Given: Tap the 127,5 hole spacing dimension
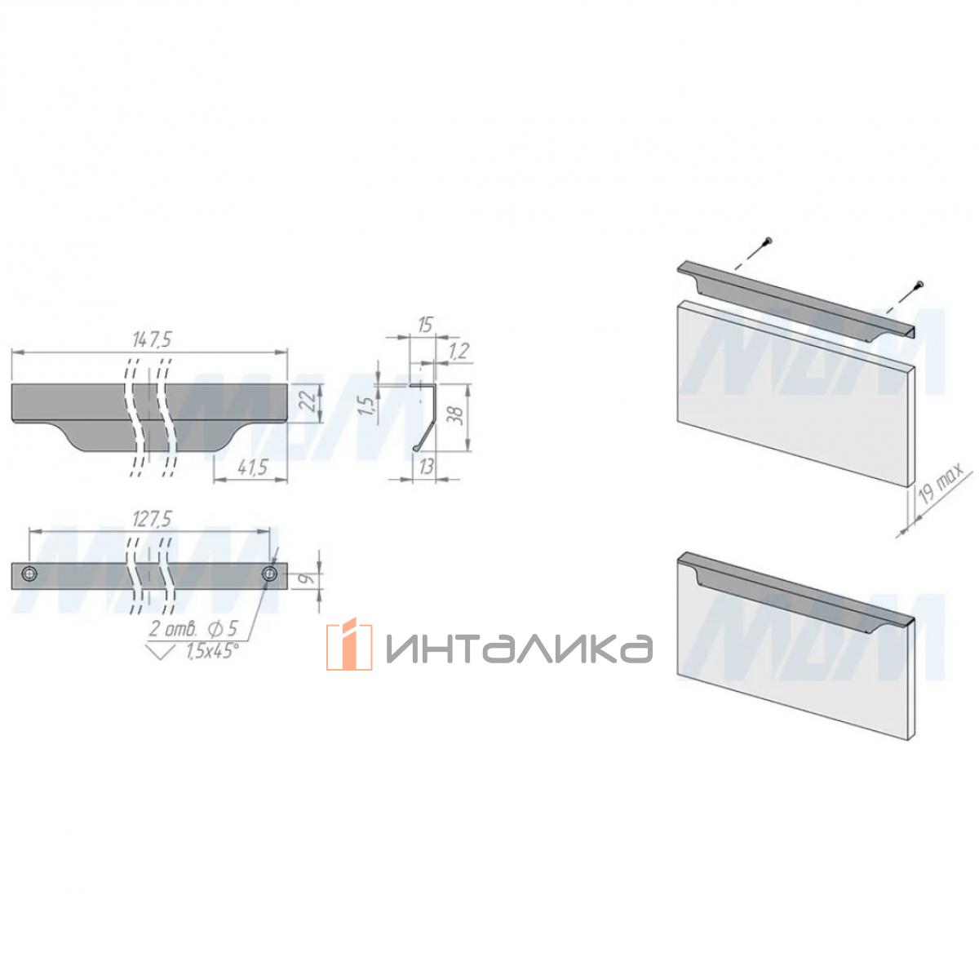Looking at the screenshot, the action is pos(151,519).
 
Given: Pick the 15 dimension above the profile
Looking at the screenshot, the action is pos(424,326).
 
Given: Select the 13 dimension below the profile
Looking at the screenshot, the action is pos(426,467).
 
